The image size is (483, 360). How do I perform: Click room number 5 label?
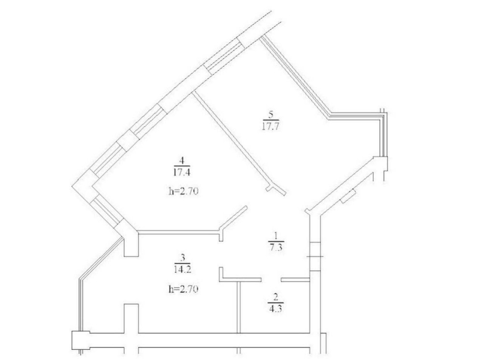click(271, 115)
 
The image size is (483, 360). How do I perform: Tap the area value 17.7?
click(270, 126)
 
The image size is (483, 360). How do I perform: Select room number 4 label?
click(182, 160)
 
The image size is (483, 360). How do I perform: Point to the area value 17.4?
click(182, 172)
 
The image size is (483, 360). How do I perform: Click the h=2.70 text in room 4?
click(183, 192)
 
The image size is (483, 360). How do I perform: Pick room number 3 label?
click(183, 257)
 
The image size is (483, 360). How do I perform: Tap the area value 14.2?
click(183, 270)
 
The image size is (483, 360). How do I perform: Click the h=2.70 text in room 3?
click(183, 289)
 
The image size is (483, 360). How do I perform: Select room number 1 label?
click(276, 236)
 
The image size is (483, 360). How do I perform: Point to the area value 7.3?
click(276, 248)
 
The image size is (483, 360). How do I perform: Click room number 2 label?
click(276, 297)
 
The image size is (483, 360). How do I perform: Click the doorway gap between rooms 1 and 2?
click(271, 280)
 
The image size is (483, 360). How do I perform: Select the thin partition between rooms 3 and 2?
click(239, 307)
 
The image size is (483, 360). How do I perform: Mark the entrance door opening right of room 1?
click(315, 256)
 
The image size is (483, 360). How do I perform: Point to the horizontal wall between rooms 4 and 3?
click(179, 232)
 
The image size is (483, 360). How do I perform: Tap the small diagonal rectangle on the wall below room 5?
click(348, 196)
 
